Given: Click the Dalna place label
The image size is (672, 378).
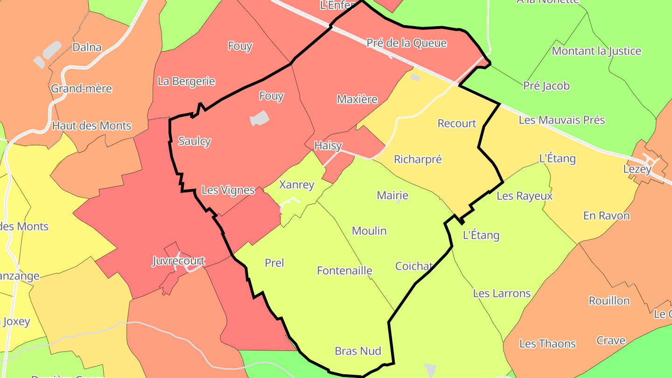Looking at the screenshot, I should (x=87, y=47).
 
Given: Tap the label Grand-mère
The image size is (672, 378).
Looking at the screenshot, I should (x=82, y=88).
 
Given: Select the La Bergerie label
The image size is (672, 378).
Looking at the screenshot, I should (x=186, y=81).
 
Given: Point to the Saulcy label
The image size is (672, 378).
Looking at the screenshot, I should (x=195, y=141).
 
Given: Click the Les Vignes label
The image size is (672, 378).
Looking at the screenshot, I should (x=228, y=190).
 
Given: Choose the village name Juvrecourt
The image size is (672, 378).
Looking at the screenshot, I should (x=179, y=260).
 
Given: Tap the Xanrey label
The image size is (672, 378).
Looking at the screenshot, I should (x=296, y=185).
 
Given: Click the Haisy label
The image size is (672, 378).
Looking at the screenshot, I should (x=328, y=146).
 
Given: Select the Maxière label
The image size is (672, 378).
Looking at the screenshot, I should (x=357, y=99).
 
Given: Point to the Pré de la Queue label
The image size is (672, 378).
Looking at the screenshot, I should (x=406, y=43).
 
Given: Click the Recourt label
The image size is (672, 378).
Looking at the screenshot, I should (x=457, y=124).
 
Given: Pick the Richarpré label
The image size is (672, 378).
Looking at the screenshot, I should (x=418, y=160).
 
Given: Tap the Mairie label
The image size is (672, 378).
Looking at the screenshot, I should (x=392, y=196).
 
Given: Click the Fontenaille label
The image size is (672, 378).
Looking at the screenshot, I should (x=344, y=271).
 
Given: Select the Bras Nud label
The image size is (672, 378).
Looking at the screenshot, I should (x=358, y=351).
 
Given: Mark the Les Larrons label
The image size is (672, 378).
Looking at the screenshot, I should (x=502, y=294).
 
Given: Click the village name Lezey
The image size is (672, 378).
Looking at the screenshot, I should (x=637, y=169).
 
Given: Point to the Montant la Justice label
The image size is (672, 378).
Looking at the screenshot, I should (x=596, y=51).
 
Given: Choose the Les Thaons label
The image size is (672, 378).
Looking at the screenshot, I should (x=547, y=344).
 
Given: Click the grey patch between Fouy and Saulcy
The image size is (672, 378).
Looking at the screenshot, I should (x=259, y=118).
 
